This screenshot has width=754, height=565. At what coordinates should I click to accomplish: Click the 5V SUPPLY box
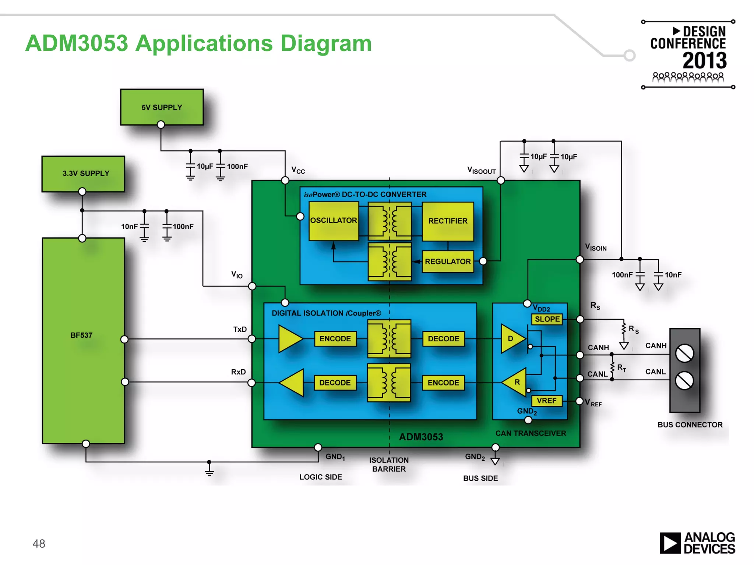click(x=162, y=107)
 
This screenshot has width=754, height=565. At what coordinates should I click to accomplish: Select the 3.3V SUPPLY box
click(x=83, y=173)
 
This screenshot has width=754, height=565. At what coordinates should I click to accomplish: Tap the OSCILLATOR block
click(x=334, y=221)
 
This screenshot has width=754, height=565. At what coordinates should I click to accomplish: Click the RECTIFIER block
click(x=448, y=221)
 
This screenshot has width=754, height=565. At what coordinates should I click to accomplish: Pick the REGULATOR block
click(x=448, y=262)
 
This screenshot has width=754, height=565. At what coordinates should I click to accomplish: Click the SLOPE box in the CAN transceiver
click(x=547, y=319)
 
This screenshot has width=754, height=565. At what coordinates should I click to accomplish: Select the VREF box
click(x=547, y=401)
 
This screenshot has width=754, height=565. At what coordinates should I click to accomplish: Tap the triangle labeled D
click(x=511, y=339)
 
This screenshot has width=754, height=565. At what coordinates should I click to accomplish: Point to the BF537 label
click(x=81, y=335)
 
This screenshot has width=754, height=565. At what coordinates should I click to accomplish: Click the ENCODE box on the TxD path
click(x=335, y=339)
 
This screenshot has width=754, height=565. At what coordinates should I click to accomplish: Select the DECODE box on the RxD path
click(x=335, y=383)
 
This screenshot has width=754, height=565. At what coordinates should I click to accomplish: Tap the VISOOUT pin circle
click(x=501, y=180)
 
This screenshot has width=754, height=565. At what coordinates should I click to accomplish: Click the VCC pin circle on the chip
click(x=285, y=180)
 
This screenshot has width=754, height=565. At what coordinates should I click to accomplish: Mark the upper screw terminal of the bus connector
click(x=684, y=353)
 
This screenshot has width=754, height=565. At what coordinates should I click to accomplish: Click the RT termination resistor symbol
click(x=612, y=367)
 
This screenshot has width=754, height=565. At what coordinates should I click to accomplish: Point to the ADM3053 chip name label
click(x=421, y=437)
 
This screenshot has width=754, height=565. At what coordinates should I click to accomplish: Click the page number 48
click(x=39, y=544)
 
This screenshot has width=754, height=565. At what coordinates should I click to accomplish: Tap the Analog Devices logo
click(x=697, y=543)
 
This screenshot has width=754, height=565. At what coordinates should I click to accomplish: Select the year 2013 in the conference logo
click(x=704, y=61)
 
